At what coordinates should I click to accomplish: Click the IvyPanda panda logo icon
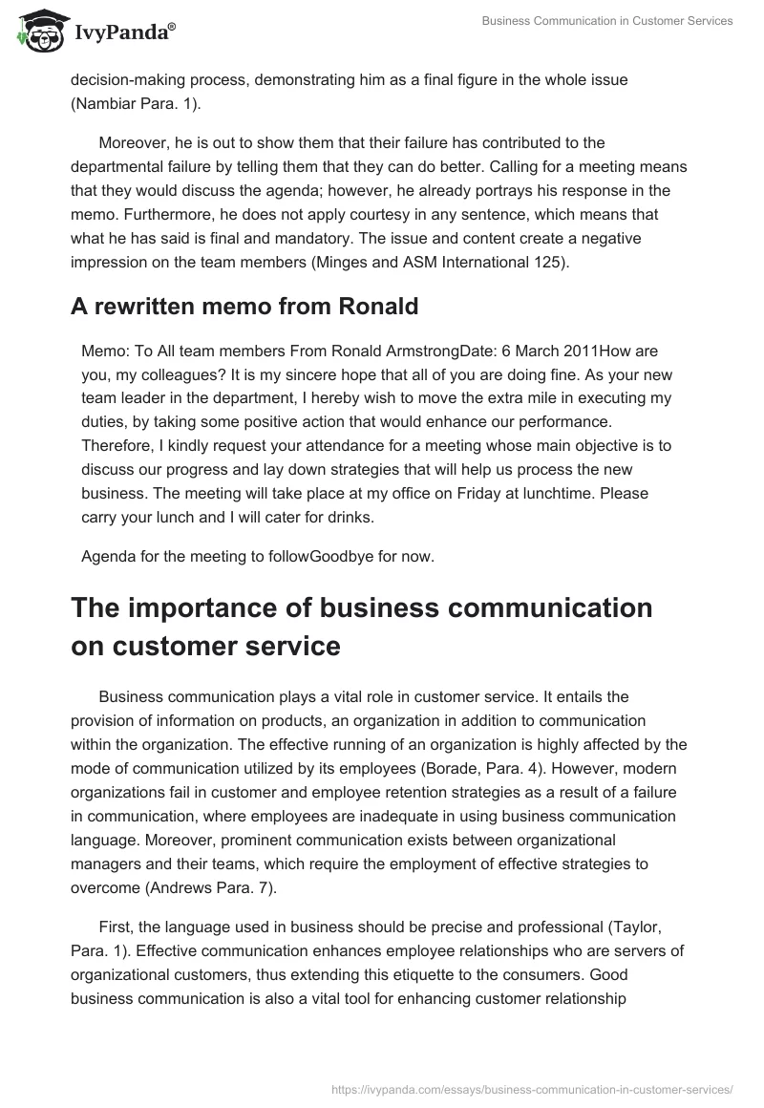click(x=37, y=31)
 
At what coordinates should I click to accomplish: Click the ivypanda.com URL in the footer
click(x=532, y=1088)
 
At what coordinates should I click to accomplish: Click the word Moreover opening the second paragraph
click(x=135, y=143)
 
